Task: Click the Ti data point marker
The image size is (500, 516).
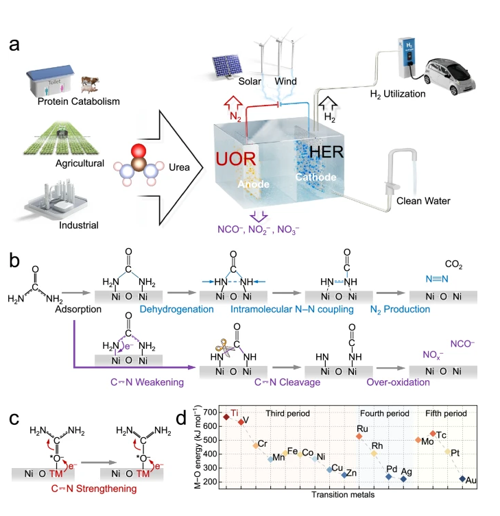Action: pos(227,417)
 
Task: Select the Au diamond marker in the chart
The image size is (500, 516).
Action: pos(462,479)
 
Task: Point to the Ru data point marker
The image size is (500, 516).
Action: pos(359,436)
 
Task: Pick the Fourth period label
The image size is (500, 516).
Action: pos(383,414)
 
